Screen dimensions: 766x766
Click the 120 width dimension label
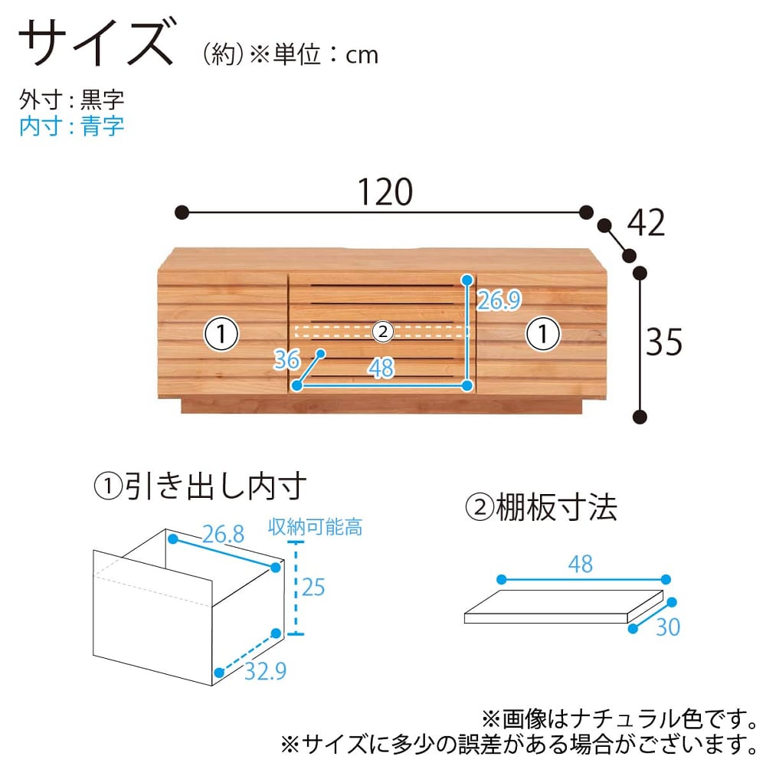click(385, 192)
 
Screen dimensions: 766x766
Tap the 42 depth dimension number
click(646, 223)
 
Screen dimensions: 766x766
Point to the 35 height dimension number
click(664, 342)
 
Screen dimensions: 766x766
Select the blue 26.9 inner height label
click(499, 300)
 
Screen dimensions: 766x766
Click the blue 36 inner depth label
click(286, 359)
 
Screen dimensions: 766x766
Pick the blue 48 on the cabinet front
click(381, 368)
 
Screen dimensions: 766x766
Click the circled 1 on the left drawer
click(221, 334)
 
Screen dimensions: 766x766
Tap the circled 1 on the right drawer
click(542, 334)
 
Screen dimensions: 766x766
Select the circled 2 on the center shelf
click(383, 332)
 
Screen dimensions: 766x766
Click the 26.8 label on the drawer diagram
click(223, 534)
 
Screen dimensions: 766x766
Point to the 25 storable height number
click(313, 587)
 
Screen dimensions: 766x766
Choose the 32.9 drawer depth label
click(265, 671)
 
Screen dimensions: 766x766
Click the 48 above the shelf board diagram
click(581, 564)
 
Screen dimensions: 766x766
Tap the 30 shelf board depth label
click(668, 627)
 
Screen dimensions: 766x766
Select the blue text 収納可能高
click(315, 528)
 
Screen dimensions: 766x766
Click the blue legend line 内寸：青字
click(72, 126)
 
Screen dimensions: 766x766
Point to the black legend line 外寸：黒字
click(72, 100)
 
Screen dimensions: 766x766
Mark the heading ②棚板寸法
click(541, 507)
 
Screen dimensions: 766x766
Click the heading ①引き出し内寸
click(200, 486)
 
